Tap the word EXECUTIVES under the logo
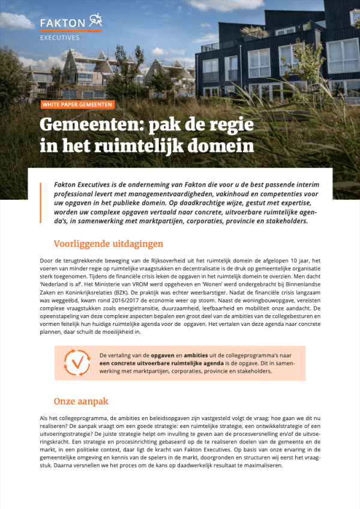pos(59,37)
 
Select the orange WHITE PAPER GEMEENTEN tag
pos(77,104)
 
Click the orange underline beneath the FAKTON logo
pos(70,30)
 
